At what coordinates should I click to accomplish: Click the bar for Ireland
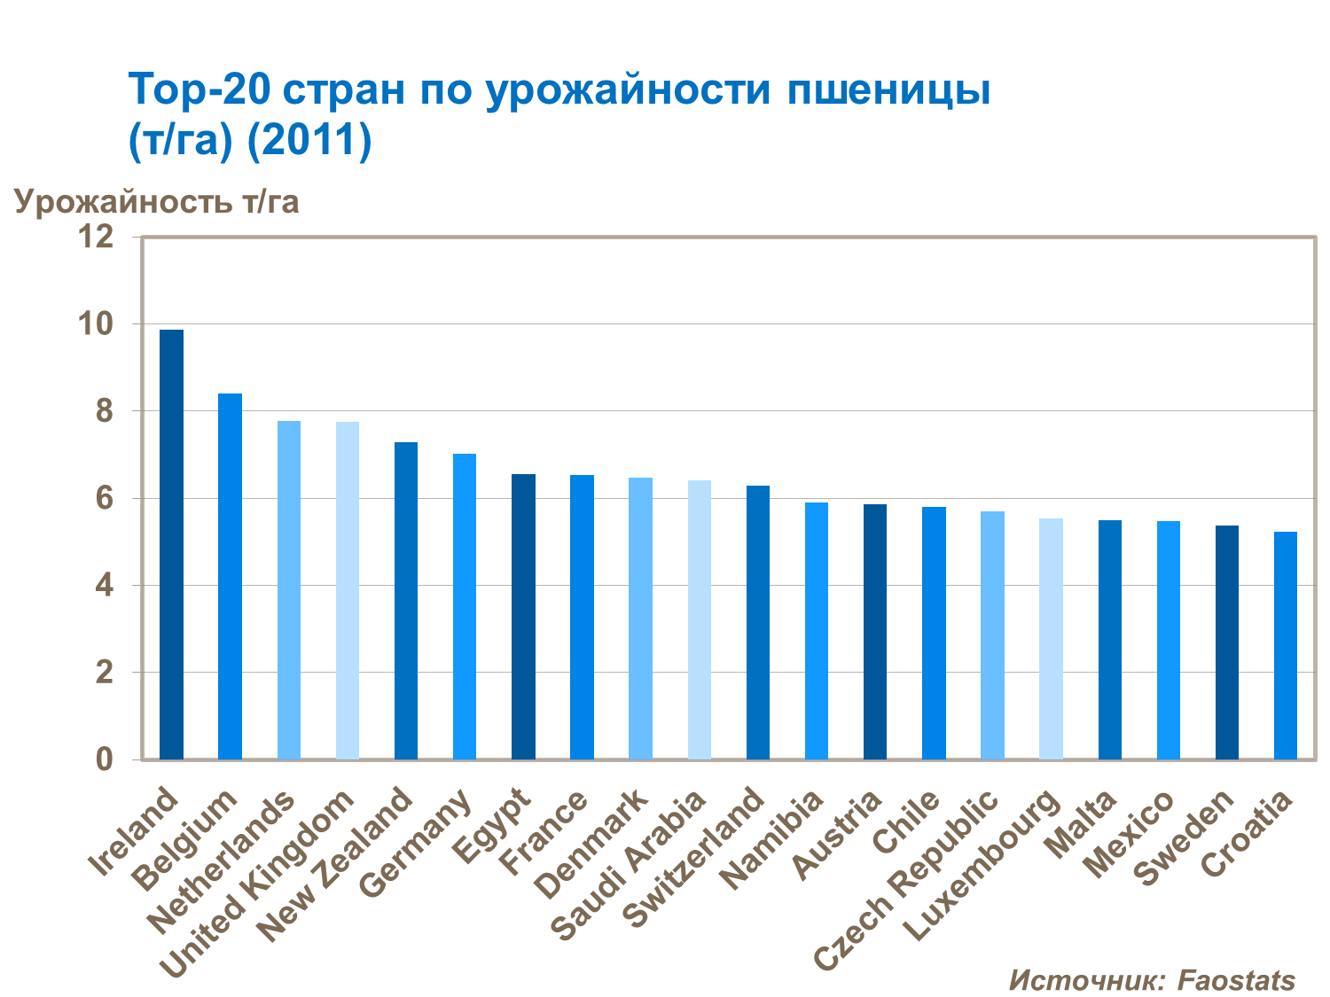pyautogui.click(x=171, y=544)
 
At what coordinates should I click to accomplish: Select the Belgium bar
pyautogui.click(x=230, y=576)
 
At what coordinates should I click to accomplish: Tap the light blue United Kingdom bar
pyautogui.click(x=348, y=590)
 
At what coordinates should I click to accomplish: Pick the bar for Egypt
pyautogui.click(x=523, y=617)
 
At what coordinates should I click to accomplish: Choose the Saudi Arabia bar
pyautogui.click(x=700, y=619)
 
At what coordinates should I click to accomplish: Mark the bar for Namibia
pyautogui.click(x=817, y=631)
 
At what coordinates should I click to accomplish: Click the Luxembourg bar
pyautogui.click(x=1051, y=639)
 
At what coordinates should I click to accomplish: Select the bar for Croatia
pyautogui.click(x=1286, y=645)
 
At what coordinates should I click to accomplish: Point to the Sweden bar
pyautogui.click(x=1227, y=643)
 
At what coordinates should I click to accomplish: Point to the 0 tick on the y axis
pyautogui.click(x=105, y=759)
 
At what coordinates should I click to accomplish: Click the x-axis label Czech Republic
pyautogui.click(x=906, y=880)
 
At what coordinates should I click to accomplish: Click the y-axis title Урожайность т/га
pyautogui.click(x=157, y=202)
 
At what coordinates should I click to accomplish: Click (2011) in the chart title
pyautogui.click(x=309, y=140)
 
